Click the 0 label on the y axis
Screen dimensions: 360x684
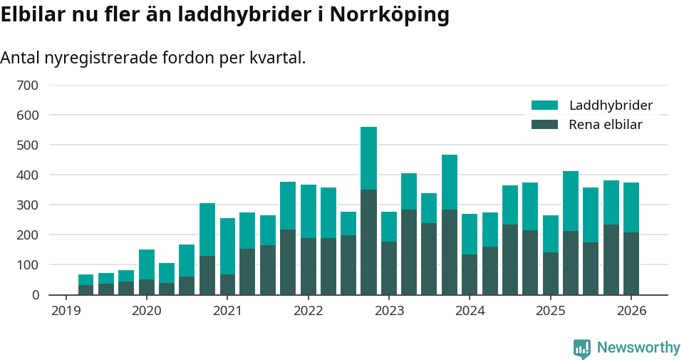pyautogui.click(x=34, y=295)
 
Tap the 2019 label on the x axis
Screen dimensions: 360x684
pyautogui.click(x=66, y=312)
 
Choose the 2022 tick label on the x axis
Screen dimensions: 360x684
pyautogui.click(x=308, y=312)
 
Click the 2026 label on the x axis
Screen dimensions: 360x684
pyautogui.click(x=631, y=312)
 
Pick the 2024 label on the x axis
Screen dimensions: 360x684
pyautogui.click(x=470, y=312)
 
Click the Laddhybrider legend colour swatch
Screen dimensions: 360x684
pyautogui.click(x=544, y=106)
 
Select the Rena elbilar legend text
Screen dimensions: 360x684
pyautogui.click(x=606, y=125)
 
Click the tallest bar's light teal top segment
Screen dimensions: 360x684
pyautogui.click(x=368, y=158)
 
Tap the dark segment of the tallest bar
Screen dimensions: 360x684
pyautogui.click(x=368, y=242)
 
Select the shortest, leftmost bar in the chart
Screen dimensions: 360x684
pyautogui.click(x=85, y=284)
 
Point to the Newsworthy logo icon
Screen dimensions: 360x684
pyautogui.click(x=581, y=348)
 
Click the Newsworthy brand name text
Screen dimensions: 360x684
pyautogui.click(x=638, y=348)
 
